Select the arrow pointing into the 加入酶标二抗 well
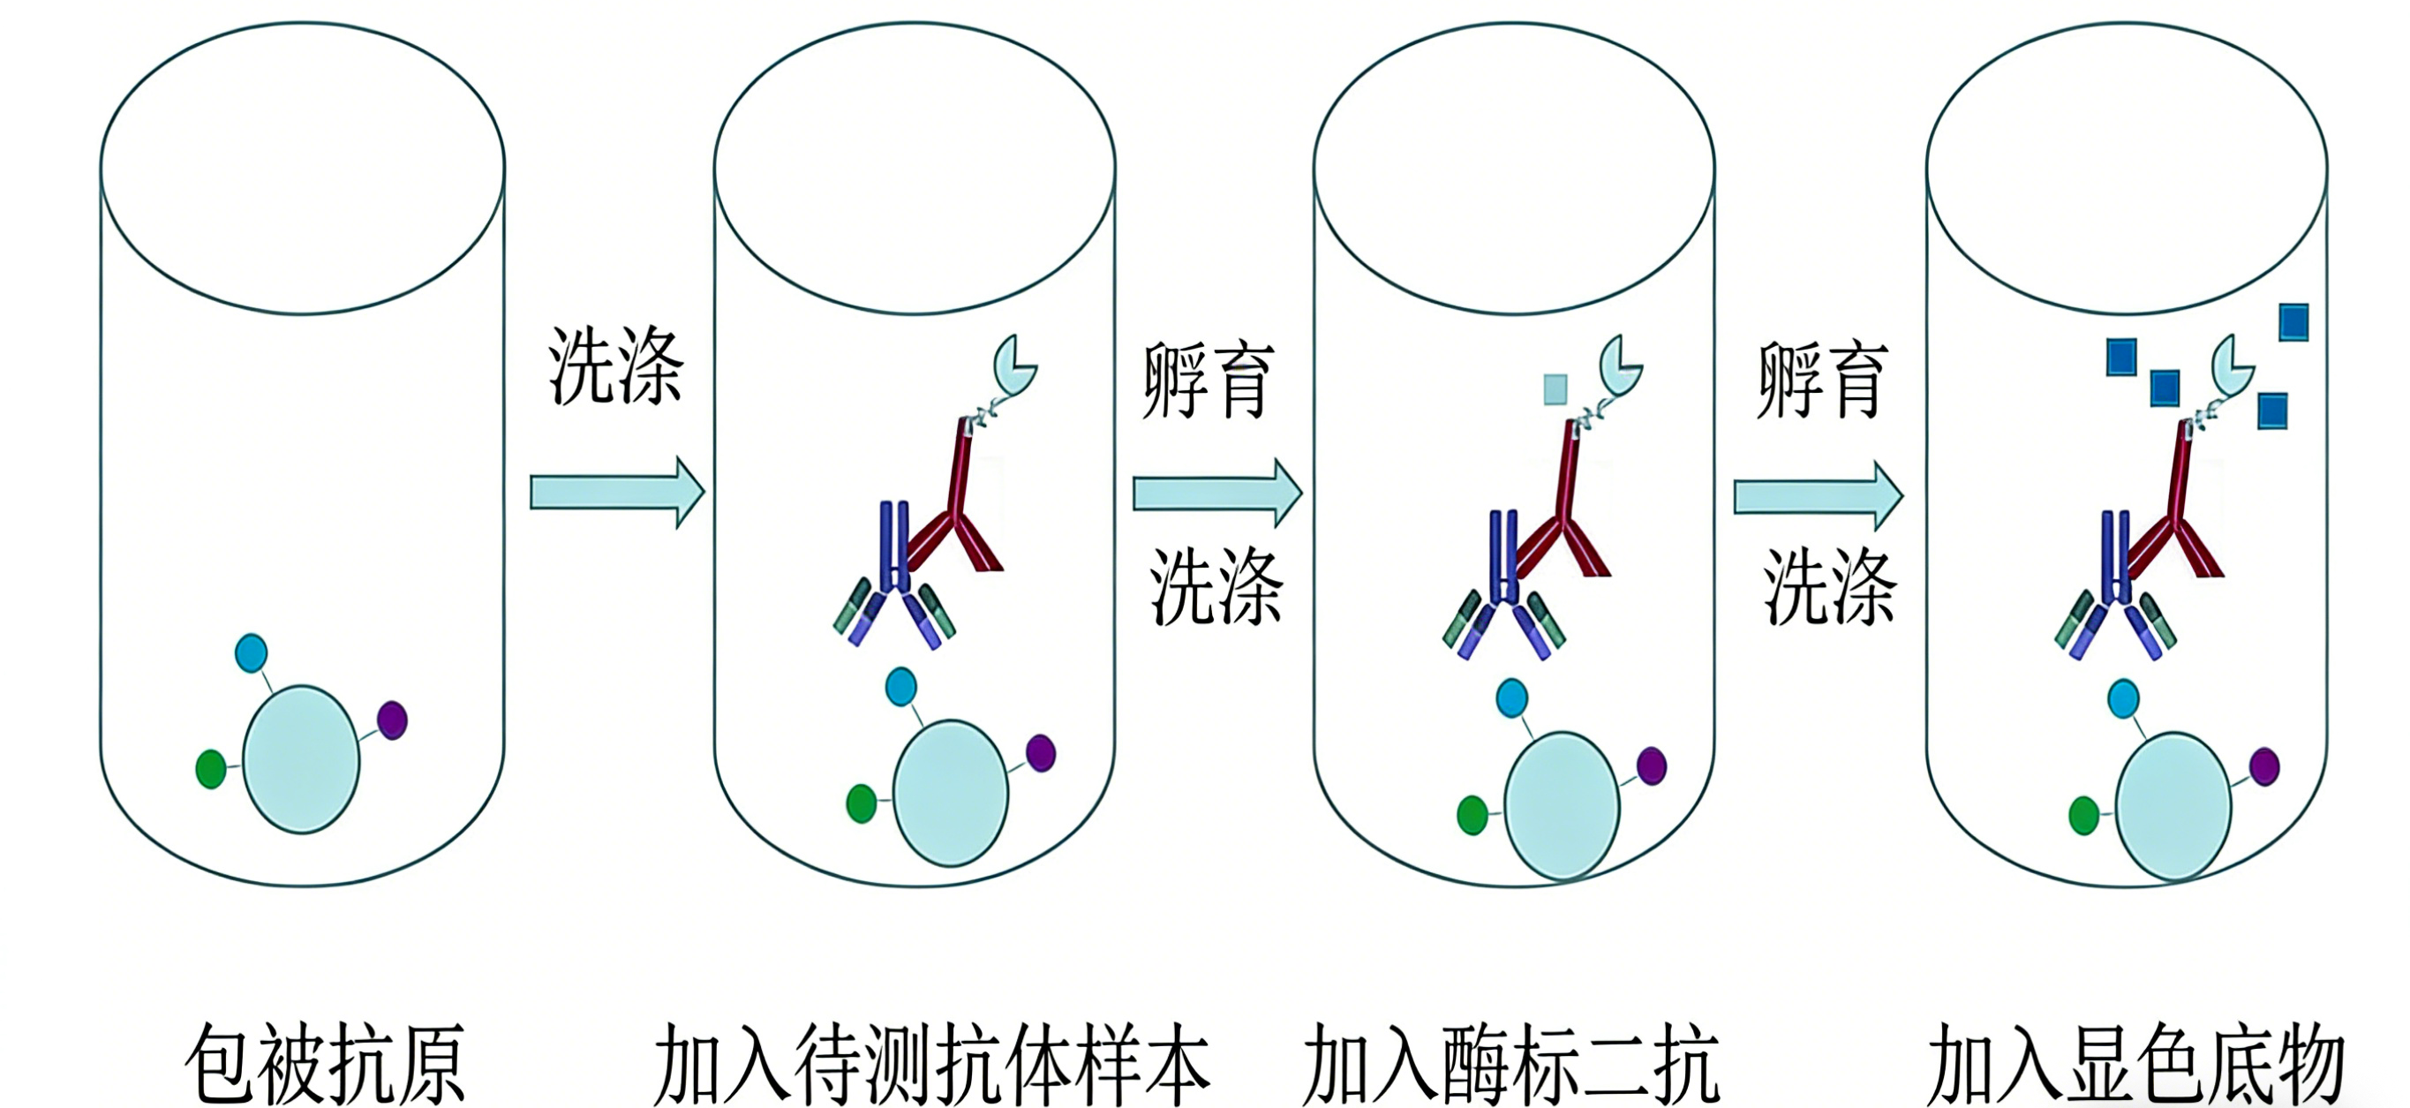coord(1217,493)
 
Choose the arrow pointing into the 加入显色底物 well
coord(1818,496)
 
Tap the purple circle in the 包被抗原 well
coord(392,720)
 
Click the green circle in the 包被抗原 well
coord(210,769)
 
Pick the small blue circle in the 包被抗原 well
coord(251,652)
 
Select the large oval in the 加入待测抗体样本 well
coord(951,794)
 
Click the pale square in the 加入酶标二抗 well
coord(1555,389)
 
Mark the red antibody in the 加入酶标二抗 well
coord(1571,505)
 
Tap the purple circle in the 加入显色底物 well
coord(2264,766)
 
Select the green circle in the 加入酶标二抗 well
coord(1472,815)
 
